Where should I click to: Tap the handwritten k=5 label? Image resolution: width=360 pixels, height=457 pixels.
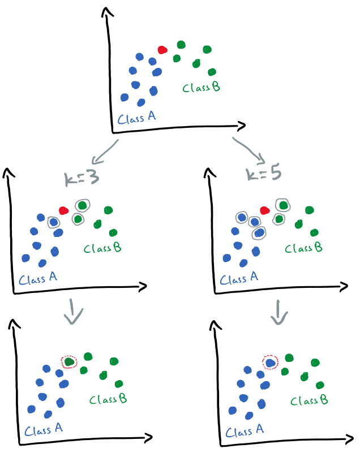coord(264,174)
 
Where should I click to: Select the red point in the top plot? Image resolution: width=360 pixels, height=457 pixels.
coord(162,50)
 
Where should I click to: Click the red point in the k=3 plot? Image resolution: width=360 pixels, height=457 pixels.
coord(64,210)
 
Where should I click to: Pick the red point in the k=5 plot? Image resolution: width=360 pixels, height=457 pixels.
coord(264,210)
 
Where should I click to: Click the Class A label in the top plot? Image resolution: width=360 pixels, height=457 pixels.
coord(136,118)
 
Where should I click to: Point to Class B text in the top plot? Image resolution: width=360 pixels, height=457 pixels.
coord(201,88)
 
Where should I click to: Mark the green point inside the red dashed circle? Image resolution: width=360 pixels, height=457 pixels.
coord(69,361)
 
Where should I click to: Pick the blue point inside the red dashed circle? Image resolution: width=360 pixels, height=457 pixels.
coord(270,362)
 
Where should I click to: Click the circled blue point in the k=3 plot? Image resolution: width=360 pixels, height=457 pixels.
coord(53,222)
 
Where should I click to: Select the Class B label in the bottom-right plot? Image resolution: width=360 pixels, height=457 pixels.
coord(308,400)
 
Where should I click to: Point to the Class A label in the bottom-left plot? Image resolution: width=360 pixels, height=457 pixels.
coord(43,431)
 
